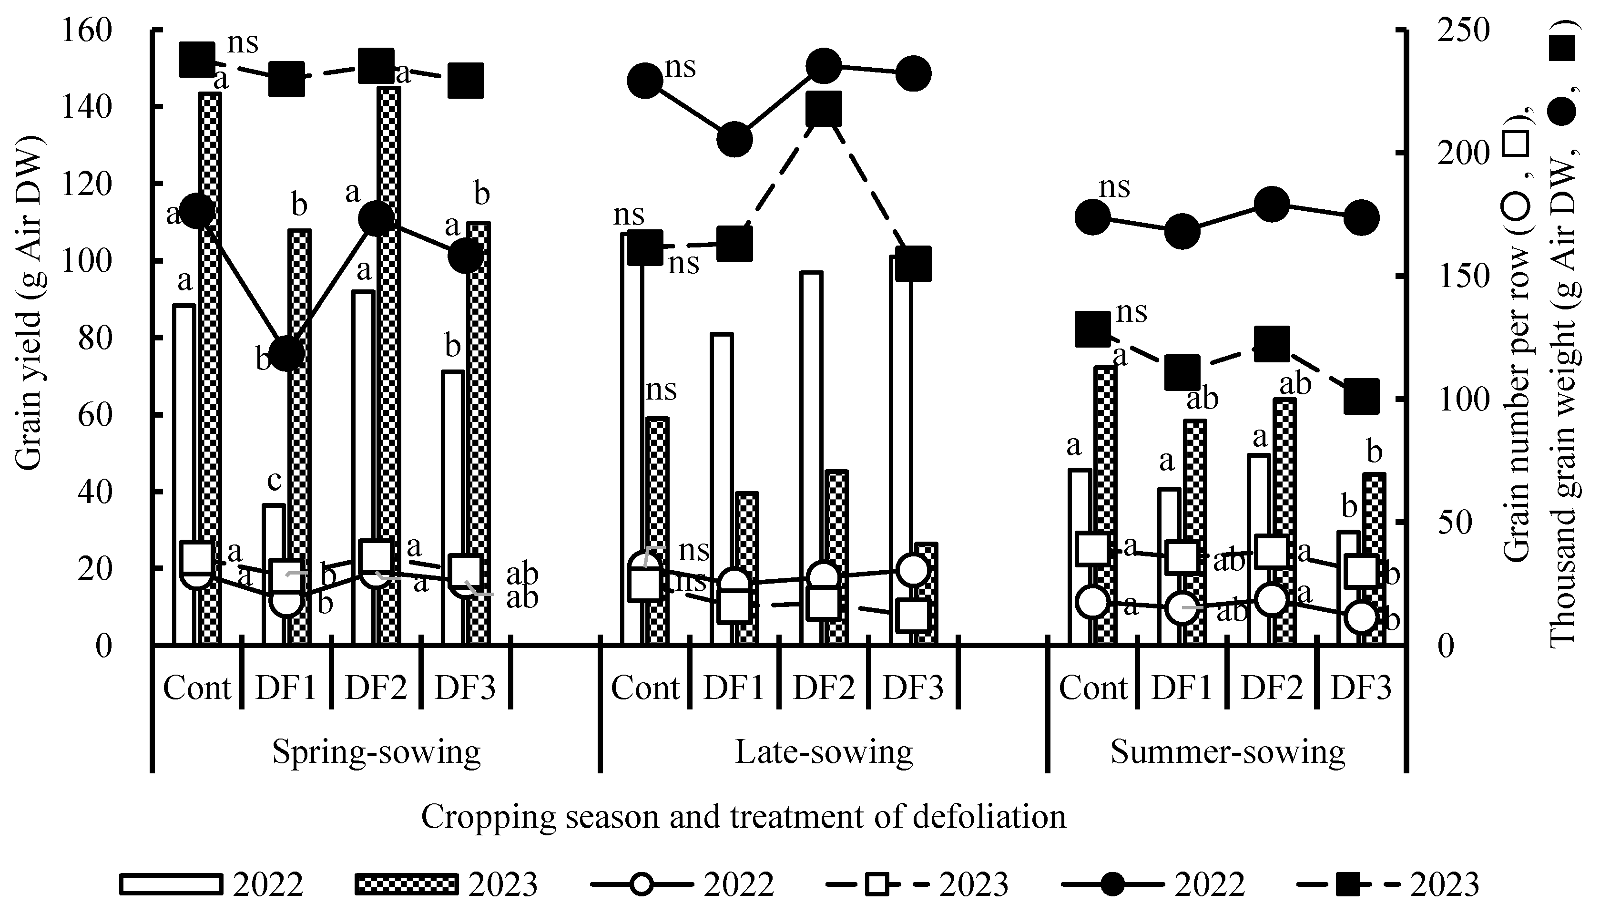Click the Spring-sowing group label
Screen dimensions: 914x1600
click(x=376, y=751)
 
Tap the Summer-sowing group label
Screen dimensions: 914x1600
click(x=1227, y=751)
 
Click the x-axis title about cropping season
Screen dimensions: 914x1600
click(x=743, y=817)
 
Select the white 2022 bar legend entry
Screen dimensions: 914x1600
click(x=171, y=884)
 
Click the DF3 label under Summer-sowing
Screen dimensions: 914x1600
click(x=1361, y=688)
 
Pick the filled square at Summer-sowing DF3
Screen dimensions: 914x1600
click(x=1361, y=397)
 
